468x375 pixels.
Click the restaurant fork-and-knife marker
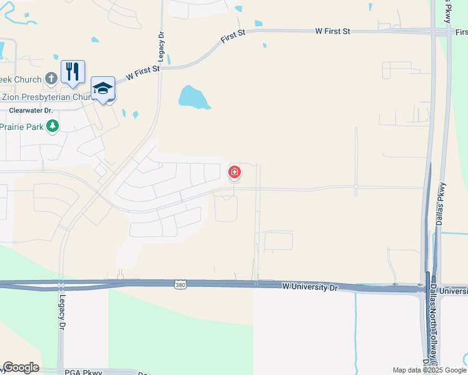click(73, 71)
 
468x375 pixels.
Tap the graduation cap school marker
click(103, 88)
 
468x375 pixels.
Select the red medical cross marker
click(235, 172)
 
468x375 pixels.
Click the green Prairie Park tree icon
click(53, 126)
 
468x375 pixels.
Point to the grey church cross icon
click(51, 79)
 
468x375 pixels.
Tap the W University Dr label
click(310, 287)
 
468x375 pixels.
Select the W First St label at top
click(333, 31)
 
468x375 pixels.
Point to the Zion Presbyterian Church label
click(46, 97)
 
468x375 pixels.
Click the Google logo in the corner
click(21, 367)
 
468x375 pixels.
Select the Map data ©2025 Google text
click(430, 370)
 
